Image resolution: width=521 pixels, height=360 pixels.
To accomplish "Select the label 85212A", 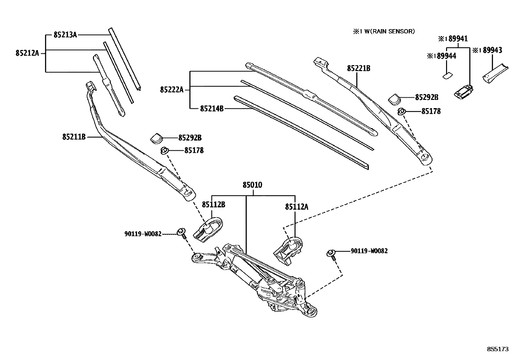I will point(27,53).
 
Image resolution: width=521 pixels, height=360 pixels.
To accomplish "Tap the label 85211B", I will point(74,137).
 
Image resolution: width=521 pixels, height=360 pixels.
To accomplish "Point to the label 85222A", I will point(172,89).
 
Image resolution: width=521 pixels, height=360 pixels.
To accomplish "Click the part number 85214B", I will point(212,108).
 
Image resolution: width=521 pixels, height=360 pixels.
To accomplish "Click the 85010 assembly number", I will point(252,185).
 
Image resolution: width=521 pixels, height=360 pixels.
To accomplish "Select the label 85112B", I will point(213,205).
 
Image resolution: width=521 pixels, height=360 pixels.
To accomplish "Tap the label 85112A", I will point(296,207).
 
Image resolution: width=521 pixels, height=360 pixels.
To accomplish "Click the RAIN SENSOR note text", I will point(383,31).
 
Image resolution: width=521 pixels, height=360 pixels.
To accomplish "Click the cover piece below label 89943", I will point(494,73).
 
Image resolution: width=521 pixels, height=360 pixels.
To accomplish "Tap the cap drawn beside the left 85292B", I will point(157,138).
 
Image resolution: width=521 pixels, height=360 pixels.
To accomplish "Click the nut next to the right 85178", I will point(401,112).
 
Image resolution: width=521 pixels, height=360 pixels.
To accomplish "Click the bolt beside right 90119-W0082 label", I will point(331,254).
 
